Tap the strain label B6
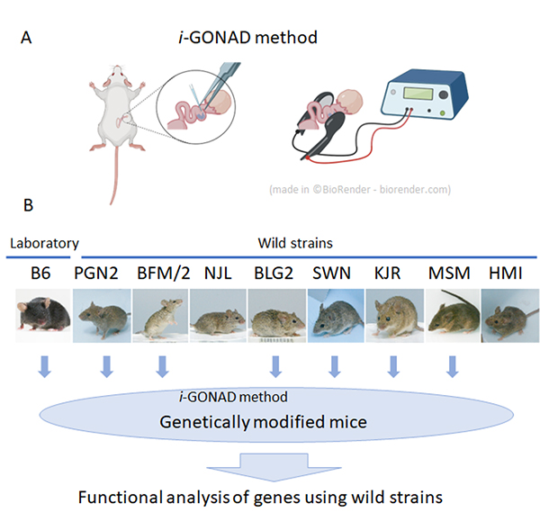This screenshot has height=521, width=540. coord(39,271)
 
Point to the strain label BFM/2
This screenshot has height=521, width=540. coord(162,271)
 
